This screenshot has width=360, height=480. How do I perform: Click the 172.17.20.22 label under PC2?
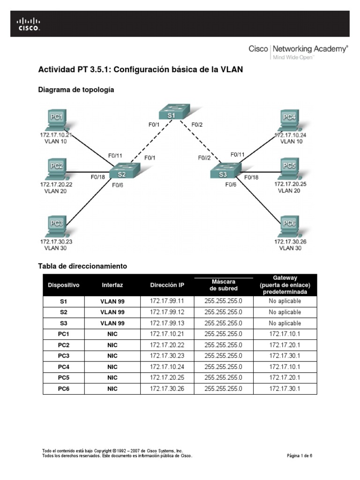pos(56,185)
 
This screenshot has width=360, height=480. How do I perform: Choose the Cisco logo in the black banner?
pos(29,24)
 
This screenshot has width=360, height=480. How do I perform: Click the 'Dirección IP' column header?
pos(167,285)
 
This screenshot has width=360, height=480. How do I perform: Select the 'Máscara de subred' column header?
pos(223,285)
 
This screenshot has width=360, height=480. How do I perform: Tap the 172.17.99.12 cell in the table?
pos(167,312)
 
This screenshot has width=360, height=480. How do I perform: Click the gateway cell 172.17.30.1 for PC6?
pos(285,389)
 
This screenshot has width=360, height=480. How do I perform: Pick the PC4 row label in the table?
pos(64,367)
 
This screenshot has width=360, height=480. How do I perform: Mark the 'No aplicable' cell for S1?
pos(285,301)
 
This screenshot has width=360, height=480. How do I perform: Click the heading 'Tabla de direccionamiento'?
pos(82,266)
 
